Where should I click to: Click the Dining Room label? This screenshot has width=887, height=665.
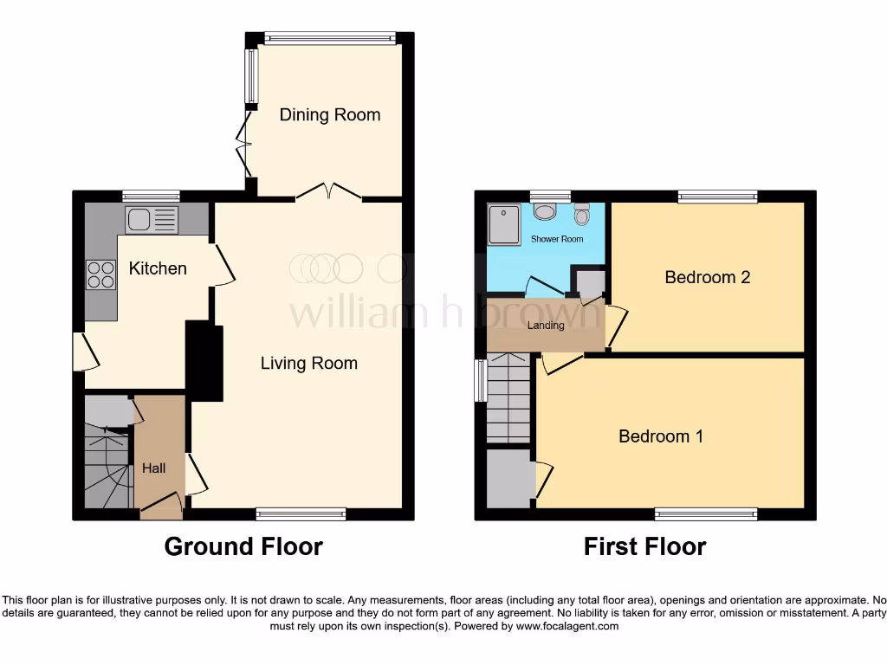[x=329, y=115]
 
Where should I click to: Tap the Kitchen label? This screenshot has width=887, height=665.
[x=158, y=268]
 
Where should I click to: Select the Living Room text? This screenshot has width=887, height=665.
[x=308, y=364]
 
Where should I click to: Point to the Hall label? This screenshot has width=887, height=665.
[x=153, y=468]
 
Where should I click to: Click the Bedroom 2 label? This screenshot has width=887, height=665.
[x=707, y=277]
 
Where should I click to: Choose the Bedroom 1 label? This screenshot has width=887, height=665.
[x=660, y=436]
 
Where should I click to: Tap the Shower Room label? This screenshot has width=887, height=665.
[x=557, y=239]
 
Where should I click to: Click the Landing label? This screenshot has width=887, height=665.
[x=546, y=326]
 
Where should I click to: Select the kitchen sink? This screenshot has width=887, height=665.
[x=152, y=220]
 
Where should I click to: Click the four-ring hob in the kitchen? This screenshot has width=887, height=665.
[x=100, y=274]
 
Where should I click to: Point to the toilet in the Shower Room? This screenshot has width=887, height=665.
[x=582, y=213]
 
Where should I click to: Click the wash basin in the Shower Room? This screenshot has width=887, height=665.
[x=546, y=210]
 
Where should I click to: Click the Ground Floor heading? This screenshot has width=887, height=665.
[x=243, y=547]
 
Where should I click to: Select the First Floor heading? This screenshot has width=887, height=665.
[x=644, y=547]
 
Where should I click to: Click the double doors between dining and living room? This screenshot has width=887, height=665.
[x=327, y=192]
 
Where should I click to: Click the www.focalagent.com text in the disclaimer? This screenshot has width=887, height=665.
[x=568, y=626]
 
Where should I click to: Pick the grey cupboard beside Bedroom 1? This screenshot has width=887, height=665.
[x=509, y=478]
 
